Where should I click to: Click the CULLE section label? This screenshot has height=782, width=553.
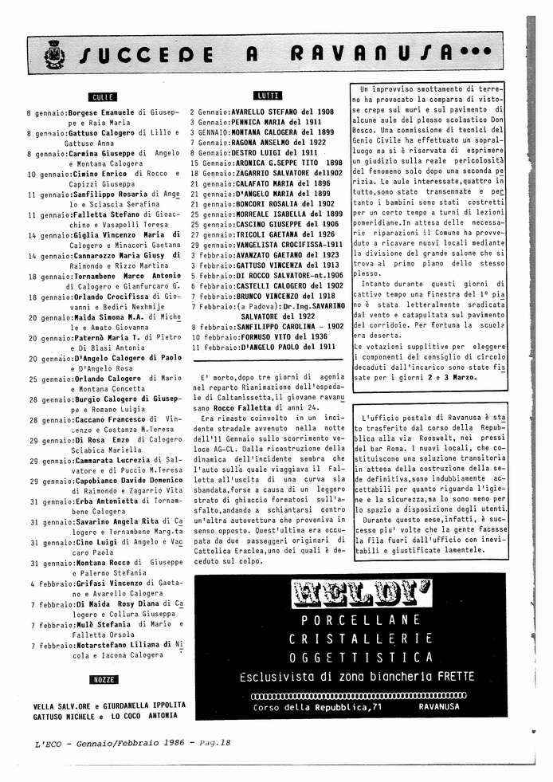point(104,96)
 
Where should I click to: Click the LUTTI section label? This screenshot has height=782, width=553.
point(269,96)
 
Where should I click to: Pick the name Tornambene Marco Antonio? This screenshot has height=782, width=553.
point(127,276)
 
